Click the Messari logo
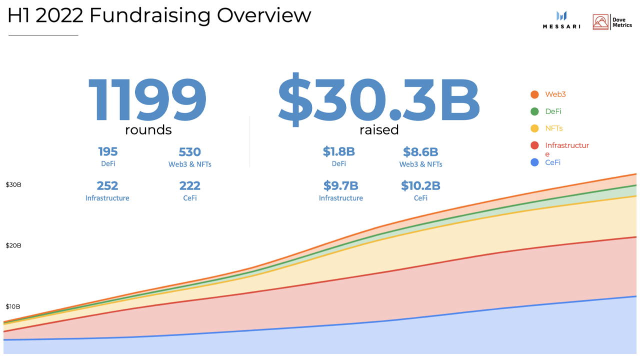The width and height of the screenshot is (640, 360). tap(561, 20)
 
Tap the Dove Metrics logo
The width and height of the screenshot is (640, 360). tap(612, 22)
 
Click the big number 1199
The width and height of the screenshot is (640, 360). tap(147, 100)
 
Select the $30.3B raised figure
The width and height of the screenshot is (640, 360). tap(378, 100)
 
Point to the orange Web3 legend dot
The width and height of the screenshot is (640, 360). tap(534, 94)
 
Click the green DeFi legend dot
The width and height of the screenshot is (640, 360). tap(534, 111)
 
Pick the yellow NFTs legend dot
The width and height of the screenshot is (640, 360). tap(534, 128)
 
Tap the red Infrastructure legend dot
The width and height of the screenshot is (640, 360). tap(534, 145)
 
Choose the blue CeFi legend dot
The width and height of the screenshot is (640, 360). tap(534, 162)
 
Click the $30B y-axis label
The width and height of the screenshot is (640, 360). tap(13, 185)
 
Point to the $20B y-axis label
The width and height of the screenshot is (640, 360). tap(13, 245)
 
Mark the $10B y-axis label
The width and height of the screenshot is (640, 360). tap(13, 306)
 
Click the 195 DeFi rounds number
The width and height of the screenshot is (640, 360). tap(107, 151)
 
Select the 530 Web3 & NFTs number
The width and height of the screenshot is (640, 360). tap(189, 152)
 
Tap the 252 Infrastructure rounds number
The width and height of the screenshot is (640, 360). tap(107, 186)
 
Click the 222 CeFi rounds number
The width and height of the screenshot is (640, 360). tap(189, 186)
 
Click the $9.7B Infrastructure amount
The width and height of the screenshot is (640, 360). tap(340, 186)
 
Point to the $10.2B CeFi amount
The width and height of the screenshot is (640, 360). tap(420, 186)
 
